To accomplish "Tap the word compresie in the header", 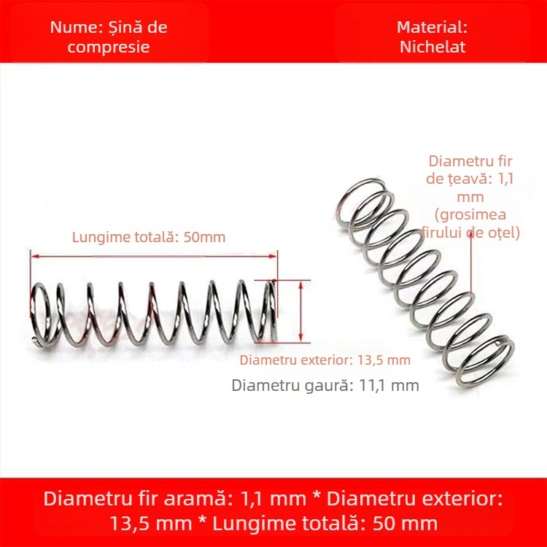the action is (x=109, y=47).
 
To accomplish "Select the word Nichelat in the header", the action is (x=432, y=47).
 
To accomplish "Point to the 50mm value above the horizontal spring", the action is (x=204, y=237).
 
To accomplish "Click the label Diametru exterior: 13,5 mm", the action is (x=325, y=360).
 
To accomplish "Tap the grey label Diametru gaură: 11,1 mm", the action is (x=325, y=386).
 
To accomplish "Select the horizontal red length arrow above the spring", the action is (x=154, y=257).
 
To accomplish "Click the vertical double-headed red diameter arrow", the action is (x=300, y=311).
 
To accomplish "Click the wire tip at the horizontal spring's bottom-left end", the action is (x=34, y=338).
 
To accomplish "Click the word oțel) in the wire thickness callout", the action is (x=503, y=233).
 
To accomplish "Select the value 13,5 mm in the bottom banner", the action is (x=150, y=524).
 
